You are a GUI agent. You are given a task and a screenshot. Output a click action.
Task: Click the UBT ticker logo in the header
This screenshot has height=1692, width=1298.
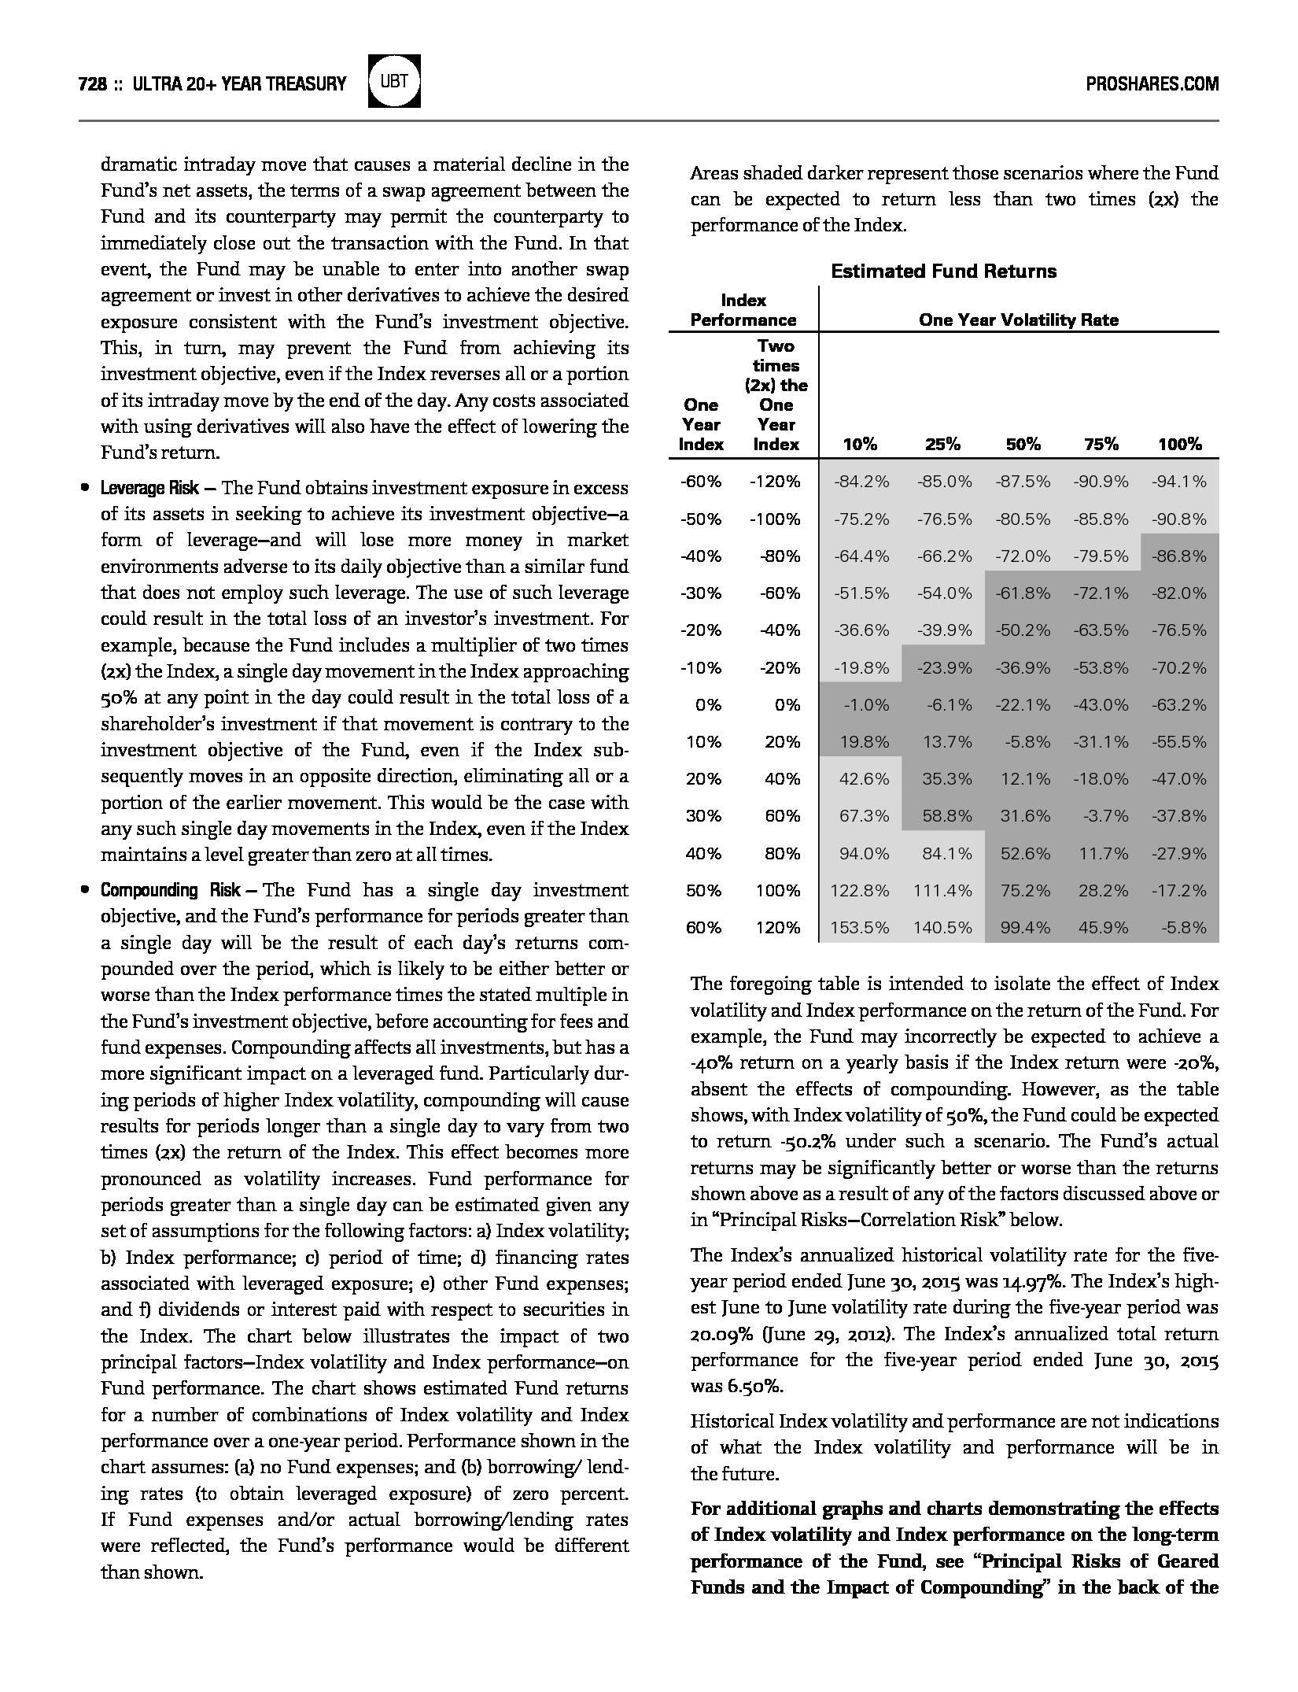[394, 81]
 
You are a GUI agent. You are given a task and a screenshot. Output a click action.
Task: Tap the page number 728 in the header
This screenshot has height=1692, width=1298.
[93, 83]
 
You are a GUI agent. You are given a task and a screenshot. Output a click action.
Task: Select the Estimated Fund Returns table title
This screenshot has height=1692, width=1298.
[943, 272]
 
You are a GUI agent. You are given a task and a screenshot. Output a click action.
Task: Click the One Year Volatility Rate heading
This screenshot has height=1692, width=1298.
[1018, 320]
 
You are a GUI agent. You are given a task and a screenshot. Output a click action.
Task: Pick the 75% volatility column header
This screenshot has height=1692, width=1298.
[1100, 445]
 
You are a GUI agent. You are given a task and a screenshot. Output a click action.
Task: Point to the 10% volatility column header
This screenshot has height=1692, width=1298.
[860, 445]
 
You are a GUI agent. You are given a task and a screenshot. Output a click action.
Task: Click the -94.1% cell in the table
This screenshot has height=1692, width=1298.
[1178, 482]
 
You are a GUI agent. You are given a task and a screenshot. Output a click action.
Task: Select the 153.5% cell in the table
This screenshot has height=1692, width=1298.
[860, 928]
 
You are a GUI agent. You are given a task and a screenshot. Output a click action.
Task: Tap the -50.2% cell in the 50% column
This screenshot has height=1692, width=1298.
[1023, 630]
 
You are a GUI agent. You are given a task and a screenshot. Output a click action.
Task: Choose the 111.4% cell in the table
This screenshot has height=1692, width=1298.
[942, 891]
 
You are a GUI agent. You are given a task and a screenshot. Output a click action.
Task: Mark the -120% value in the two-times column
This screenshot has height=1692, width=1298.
[775, 482]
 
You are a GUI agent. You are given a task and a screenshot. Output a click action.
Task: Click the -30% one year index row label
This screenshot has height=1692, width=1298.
[701, 593]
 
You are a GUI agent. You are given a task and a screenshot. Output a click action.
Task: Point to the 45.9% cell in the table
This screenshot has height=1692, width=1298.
[1103, 928]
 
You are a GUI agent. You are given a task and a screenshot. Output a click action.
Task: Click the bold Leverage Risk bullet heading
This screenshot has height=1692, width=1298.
[149, 488]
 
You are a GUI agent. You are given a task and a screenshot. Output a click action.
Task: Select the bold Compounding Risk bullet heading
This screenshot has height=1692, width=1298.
[170, 890]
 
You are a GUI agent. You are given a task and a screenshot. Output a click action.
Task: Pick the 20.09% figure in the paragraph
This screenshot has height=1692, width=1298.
[719, 1334]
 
